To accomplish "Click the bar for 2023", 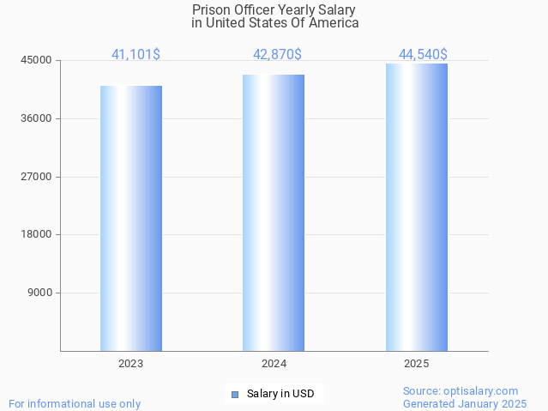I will point(131,218).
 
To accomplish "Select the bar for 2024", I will point(274,213).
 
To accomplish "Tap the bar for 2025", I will point(417,207).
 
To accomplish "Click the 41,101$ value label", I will point(135,54).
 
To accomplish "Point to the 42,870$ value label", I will point(277,54).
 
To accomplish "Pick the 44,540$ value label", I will point(423,54).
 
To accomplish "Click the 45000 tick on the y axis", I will point(37,60).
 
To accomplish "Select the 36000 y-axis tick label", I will point(37,118).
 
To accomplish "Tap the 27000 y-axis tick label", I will point(37,177).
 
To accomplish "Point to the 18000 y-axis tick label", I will point(37,234).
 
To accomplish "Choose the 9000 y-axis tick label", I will point(39,293).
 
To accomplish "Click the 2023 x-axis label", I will point(131,364).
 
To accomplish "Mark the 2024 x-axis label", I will point(274,364).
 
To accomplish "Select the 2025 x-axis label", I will point(417,364).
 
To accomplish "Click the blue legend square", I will point(235,395).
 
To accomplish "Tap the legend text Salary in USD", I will point(280,395).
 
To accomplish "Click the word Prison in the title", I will point(209,9).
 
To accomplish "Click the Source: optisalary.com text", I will point(461,390).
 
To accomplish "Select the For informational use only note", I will point(75,403).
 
